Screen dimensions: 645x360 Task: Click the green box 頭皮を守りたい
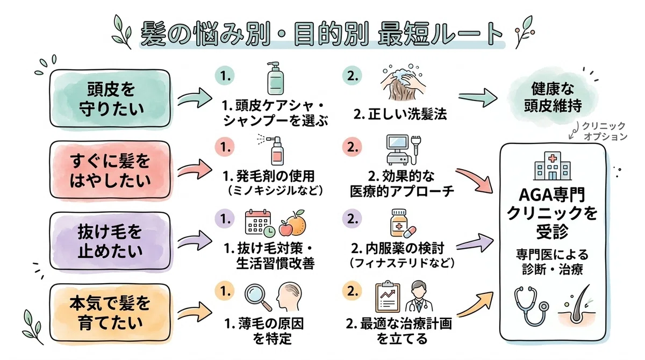tap(110, 98)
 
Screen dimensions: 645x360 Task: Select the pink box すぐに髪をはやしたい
tap(110, 170)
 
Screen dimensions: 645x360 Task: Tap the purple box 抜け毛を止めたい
tap(110, 241)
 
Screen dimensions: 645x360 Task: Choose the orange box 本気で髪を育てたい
tap(110, 313)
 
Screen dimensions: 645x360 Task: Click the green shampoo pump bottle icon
tap(275, 78)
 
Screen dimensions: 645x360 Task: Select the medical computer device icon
tap(404, 149)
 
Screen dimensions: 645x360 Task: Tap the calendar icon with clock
tap(260, 224)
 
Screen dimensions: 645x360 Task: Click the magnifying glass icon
tap(258, 298)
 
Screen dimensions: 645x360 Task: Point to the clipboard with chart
tap(388, 297)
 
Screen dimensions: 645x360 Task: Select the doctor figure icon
tap(419, 297)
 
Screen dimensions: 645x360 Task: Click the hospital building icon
tap(553, 166)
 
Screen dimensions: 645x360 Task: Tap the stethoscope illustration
tap(531, 306)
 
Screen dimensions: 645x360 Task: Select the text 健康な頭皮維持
tap(553, 97)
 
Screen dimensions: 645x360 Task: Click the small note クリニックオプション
tap(604, 131)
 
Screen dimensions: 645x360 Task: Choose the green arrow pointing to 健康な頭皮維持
tap(478, 98)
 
